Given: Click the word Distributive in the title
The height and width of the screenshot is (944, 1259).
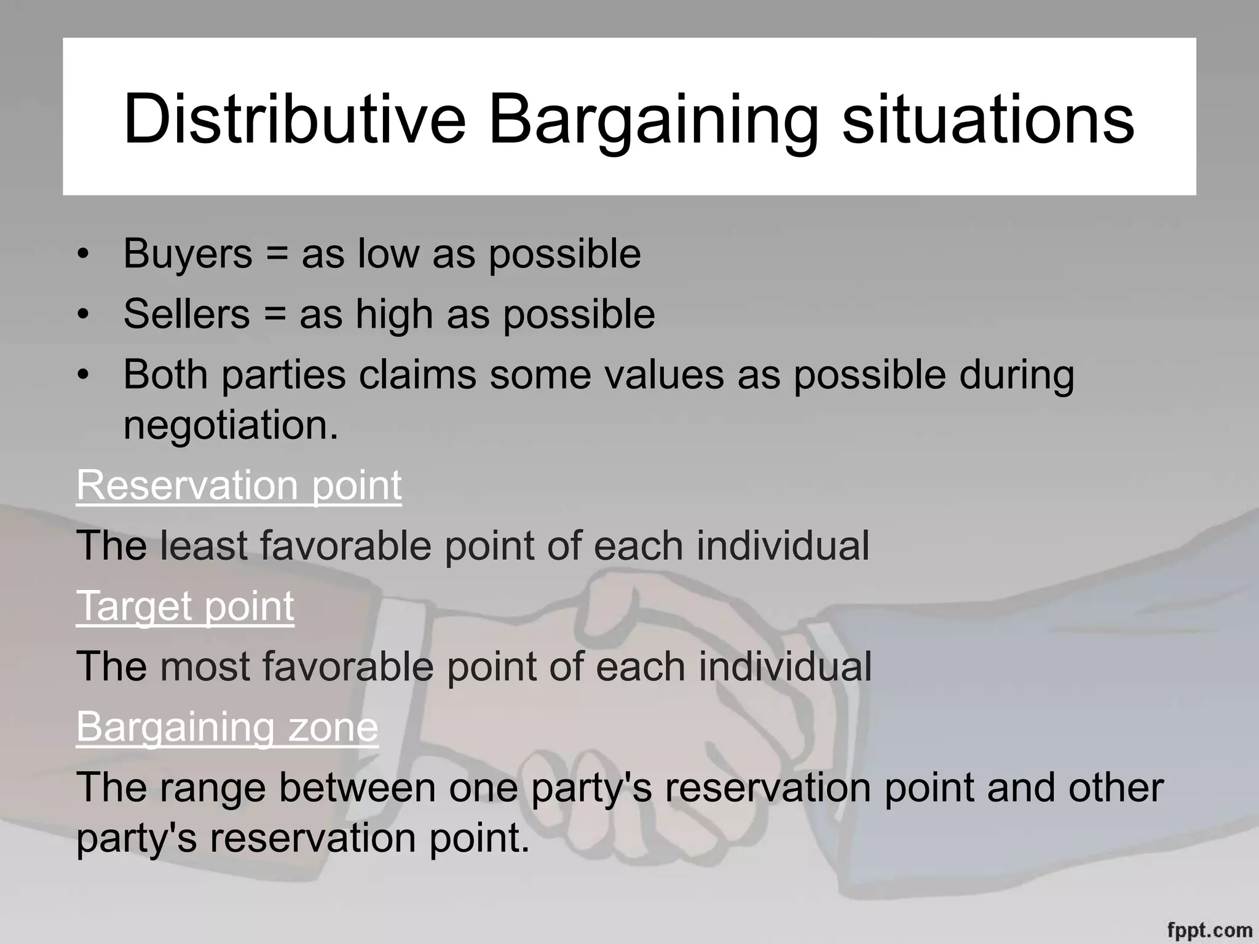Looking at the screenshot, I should [x=294, y=118].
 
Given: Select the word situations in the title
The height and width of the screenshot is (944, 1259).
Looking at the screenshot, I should [x=987, y=118].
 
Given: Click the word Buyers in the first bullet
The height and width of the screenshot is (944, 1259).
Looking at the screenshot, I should [x=187, y=254].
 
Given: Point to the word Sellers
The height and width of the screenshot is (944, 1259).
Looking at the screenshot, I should [x=186, y=314].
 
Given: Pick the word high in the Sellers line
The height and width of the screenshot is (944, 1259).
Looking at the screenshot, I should [x=394, y=314].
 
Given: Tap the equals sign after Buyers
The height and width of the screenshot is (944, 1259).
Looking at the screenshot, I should [x=277, y=254].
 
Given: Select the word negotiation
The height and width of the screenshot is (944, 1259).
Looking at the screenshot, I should [x=231, y=425].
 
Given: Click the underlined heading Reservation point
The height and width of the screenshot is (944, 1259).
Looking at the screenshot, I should [x=239, y=486].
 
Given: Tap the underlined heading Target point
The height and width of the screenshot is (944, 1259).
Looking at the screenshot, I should [x=185, y=606].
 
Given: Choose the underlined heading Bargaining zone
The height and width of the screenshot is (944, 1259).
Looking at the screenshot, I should [x=227, y=727].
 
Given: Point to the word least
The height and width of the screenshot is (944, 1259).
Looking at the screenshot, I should [x=203, y=546].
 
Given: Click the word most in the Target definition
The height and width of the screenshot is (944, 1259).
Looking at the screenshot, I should [x=205, y=666].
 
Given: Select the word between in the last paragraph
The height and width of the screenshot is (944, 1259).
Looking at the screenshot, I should [x=357, y=787].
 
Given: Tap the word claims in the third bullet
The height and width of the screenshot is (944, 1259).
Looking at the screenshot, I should [x=417, y=375].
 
